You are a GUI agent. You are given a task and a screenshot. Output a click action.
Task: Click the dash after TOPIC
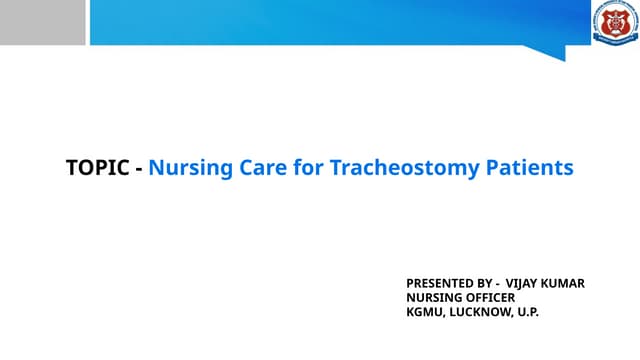point(138,168)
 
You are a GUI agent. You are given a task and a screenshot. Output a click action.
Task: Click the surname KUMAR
point(566,283)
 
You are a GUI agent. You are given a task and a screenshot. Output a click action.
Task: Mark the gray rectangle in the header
point(42,22)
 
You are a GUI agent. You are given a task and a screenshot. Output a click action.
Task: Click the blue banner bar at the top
point(330,22)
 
